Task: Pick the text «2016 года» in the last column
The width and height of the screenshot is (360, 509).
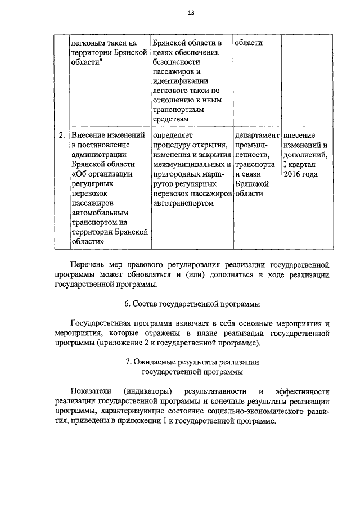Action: [x=301, y=174]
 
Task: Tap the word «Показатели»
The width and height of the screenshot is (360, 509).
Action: [x=91, y=391]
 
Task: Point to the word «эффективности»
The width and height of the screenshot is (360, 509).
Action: [x=302, y=391]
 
